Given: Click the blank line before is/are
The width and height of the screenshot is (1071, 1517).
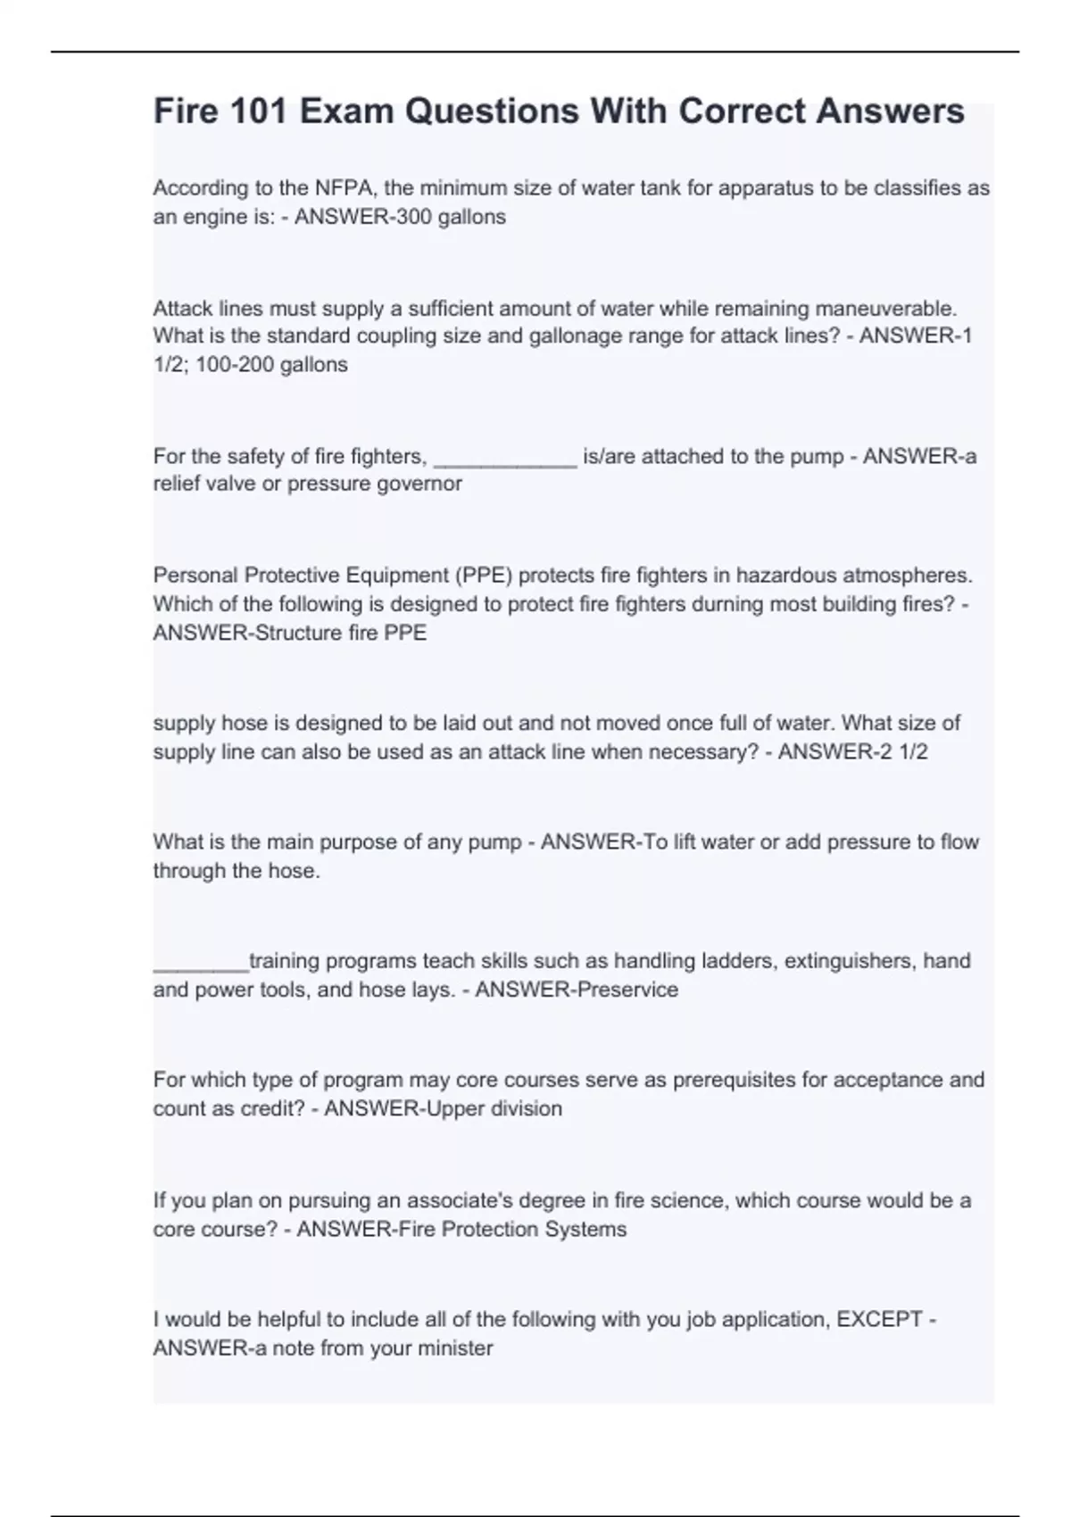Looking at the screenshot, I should coord(505,458).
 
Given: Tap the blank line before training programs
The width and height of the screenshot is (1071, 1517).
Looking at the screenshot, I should coord(201,963).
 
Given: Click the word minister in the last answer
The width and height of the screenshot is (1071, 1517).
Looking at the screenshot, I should coord(454,1348).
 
